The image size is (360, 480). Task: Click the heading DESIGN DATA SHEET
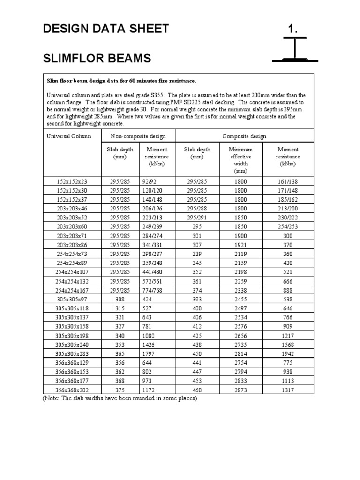(105, 29)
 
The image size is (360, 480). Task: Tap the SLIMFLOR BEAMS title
(97, 59)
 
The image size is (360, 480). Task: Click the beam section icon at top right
(295, 52)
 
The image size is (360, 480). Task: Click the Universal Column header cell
(69, 136)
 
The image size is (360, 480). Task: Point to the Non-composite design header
(138, 136)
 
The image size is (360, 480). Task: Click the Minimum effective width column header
(241, 160)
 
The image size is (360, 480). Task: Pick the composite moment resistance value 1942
(288, 353)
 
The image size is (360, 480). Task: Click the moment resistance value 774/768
(152, 290)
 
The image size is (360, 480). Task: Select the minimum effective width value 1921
(241, 245)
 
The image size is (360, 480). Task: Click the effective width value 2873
(241, 390)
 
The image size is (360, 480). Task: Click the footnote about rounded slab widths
(120, 398)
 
